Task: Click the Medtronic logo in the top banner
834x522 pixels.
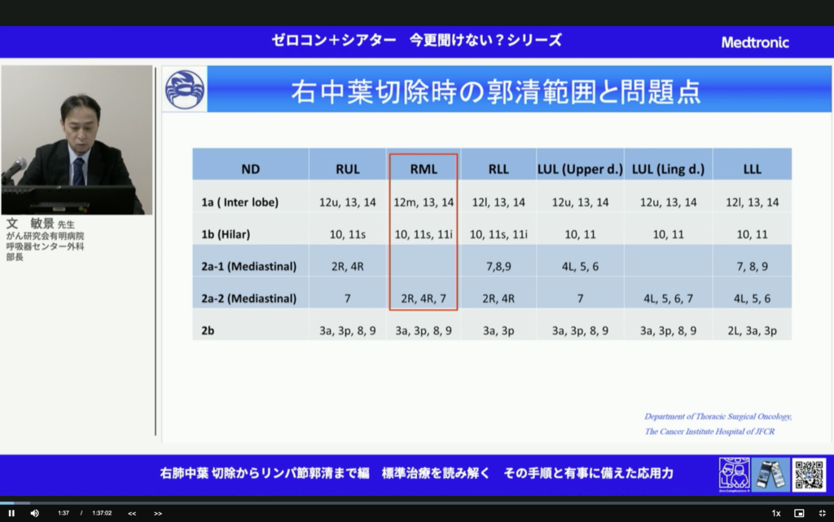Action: tap(755, 42)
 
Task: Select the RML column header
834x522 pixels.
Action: tap(423, 170)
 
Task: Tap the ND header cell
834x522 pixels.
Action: tap(250, 170)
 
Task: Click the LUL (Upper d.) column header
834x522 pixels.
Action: tap(580, 170)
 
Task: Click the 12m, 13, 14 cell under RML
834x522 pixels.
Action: tap(424, 202)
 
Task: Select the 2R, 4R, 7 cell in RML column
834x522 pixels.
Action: tap(424, 299)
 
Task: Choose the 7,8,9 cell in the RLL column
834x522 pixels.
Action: tap(498, 266)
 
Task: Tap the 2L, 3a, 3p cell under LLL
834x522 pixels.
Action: tap(753, 330)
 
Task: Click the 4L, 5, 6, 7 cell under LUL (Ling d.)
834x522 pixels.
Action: tap(668, 299)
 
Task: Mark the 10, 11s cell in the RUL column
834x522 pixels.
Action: tap(348, 234)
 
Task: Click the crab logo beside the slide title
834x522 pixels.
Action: tap(185, 90)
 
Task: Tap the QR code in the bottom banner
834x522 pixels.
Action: tap(809, 475)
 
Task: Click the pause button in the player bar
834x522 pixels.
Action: tap(11, 513)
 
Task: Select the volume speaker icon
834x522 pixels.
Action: tap(34, 513)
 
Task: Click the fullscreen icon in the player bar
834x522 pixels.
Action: tap(822, 513)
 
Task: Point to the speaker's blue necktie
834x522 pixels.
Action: tap(78, 170)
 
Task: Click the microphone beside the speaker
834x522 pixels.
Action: tap(14, 170)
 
